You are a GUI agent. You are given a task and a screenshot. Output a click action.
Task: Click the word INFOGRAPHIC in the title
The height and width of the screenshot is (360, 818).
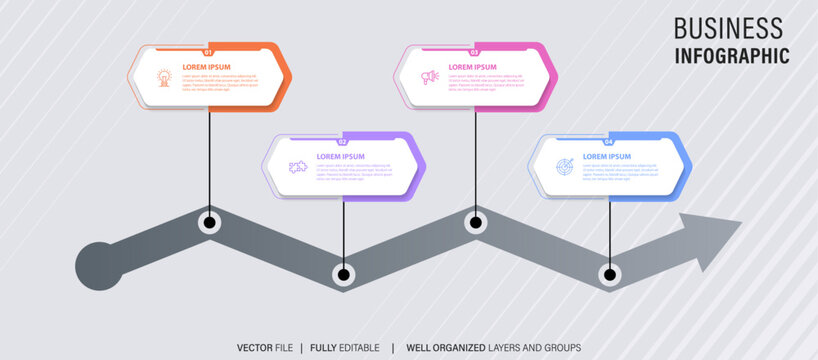tap(731, 56)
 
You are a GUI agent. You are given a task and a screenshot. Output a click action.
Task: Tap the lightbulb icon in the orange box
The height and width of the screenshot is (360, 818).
tap(163, 76)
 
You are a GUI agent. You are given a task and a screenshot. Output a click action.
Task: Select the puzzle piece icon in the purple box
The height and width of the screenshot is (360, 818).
tap(297, 166)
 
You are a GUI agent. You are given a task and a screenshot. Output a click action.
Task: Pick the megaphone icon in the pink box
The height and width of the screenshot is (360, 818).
tap(430, 76)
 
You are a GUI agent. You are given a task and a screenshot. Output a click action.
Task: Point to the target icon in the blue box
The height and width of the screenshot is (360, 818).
tap(565, 166)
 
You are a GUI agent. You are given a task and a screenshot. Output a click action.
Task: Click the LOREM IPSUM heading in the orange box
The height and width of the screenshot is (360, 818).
tap(206, 67)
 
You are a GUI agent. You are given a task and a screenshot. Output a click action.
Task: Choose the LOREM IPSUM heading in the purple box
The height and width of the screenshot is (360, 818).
tap(340, 156)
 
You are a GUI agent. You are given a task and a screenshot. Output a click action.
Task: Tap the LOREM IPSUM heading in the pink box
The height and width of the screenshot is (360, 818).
tap(472, 67)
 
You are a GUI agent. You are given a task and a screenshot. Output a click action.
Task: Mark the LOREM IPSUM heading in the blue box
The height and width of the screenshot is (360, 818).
tap(607, 156)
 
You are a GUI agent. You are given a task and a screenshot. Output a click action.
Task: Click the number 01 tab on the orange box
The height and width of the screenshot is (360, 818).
tap(208, 52)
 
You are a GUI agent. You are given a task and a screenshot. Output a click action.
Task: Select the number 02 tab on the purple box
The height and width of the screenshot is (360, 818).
tap(343, 142)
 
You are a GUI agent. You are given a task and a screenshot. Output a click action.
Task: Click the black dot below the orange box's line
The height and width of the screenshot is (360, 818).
tap(209, 223)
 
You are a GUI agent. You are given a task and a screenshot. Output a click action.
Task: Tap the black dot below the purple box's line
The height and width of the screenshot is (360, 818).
tap(343, 273)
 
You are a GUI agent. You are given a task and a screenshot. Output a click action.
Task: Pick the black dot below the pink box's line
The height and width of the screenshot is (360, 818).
tap(475, 223)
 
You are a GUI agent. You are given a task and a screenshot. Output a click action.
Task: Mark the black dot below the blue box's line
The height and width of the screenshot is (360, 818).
tap(608, 273)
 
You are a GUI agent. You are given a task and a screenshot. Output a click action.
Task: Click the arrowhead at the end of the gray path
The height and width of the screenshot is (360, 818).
tap(712, 238)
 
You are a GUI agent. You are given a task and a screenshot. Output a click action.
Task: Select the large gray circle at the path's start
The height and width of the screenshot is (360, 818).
tap(100, 266)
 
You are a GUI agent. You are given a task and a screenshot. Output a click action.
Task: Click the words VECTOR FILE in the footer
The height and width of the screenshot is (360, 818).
tap(265, 347)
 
